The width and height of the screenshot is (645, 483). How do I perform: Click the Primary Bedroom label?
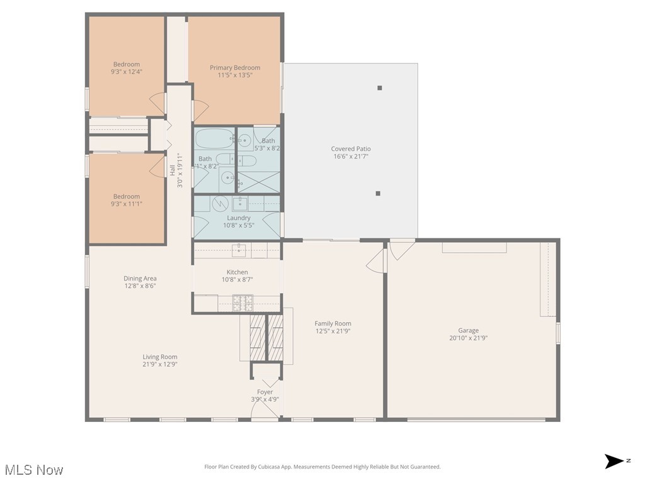[x=234, y=68]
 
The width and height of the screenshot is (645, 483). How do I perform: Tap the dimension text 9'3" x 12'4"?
[x=127, y=72]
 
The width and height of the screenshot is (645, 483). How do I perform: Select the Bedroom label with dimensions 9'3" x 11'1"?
[x=127, y=196]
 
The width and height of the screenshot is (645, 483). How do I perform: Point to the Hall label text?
[x=172, y=170]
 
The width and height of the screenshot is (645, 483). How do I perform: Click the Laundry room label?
[x=239, y=218]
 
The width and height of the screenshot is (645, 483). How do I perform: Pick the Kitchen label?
[x=237, y=272]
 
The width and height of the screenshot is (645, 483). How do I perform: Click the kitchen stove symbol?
[x=243, y=303]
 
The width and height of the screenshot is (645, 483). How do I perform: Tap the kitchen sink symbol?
[x=239, y=251]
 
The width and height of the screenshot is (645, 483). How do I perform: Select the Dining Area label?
[x=140, y=278]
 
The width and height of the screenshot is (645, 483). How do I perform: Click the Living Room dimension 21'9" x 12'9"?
[x=160, y=364]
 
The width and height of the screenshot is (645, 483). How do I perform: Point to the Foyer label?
[x=265, y=392]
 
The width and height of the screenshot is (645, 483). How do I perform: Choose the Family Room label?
[x=333, y=323]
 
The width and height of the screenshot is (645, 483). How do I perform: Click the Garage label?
[x=468, y=330]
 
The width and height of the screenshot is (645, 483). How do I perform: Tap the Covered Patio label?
[x=351, y=149]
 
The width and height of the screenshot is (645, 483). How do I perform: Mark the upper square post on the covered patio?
[x=380, y=88]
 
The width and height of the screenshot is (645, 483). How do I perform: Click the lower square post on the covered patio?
[x=378, y=194]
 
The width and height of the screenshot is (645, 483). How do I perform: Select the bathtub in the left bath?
[x=214, y=138]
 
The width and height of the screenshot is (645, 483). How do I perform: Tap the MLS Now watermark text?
[x=34, y=470]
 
